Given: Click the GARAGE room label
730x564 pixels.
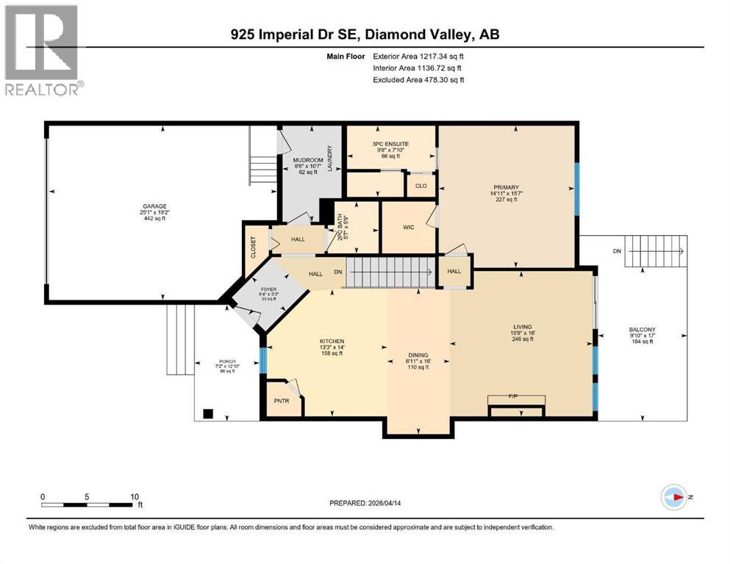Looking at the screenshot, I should pos(155,206).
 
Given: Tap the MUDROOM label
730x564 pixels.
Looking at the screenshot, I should pos(308,160).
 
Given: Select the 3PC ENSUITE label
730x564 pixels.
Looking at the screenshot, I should pos(391,144).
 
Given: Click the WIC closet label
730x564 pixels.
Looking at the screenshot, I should pos(409,227).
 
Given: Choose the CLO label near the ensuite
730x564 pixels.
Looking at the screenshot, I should pos(421,186).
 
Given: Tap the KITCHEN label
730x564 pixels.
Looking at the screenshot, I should pos(331,341).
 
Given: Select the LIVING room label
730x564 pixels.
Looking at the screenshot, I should pos(523,327).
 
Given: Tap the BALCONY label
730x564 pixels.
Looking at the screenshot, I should pos(638,329).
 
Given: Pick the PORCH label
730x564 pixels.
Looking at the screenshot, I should pos(226,361).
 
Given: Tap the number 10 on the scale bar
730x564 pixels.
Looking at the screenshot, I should pos(135,496).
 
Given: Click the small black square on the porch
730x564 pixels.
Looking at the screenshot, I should pos(209,413).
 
